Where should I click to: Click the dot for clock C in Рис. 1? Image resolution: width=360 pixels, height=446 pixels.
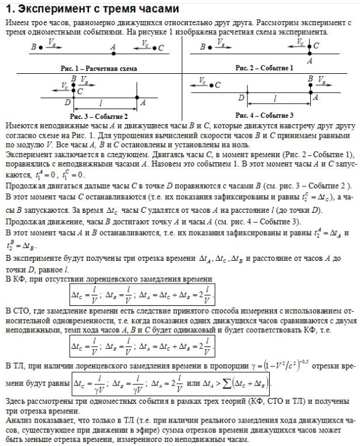coord(154,47)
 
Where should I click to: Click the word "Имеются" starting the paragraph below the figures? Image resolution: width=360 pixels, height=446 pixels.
coord(19,125)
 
